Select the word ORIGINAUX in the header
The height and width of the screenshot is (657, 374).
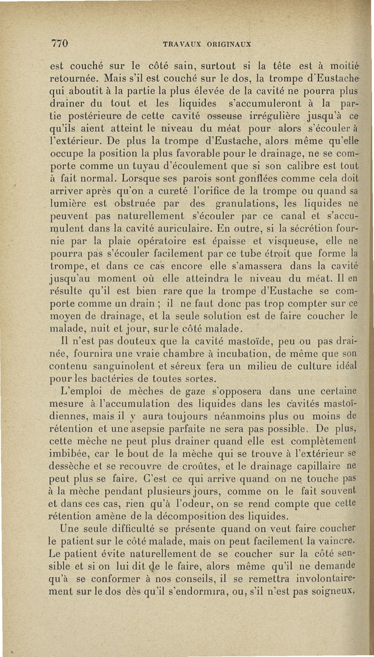(x=227, y=45)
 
